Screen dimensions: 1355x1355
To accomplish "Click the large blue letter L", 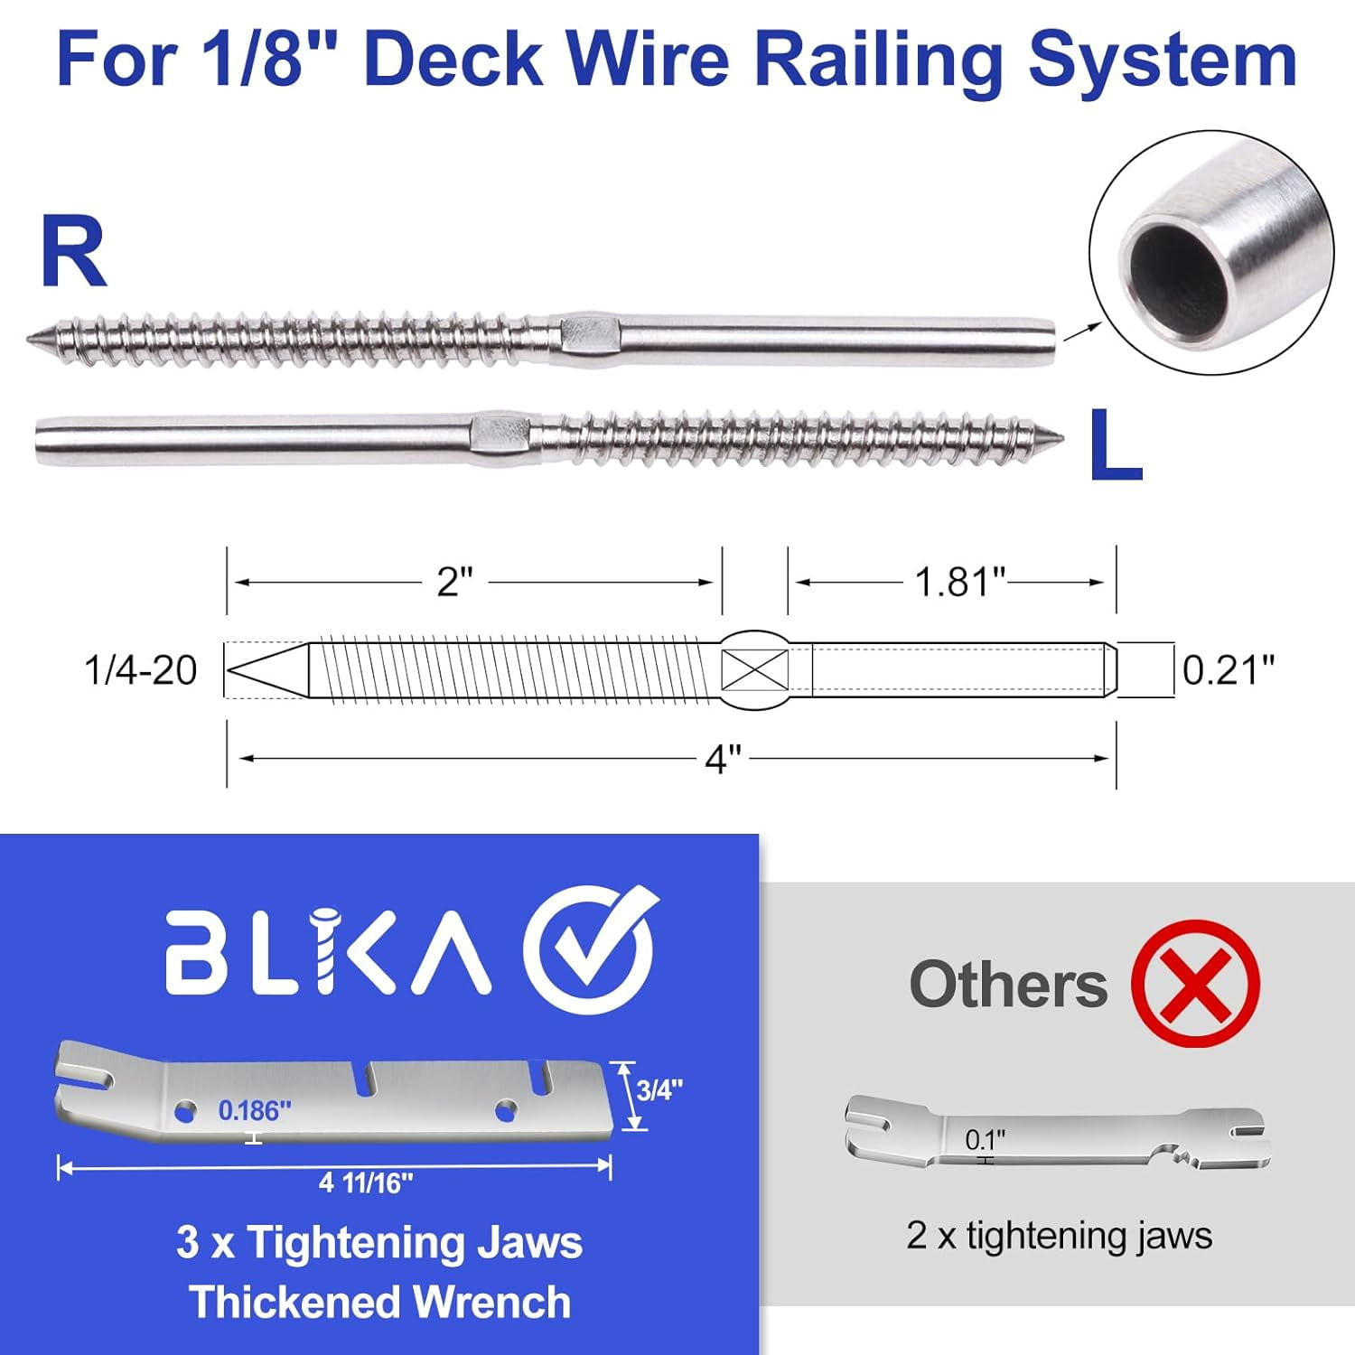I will (1115, 445).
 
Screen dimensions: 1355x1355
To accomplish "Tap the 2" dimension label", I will (454, 583).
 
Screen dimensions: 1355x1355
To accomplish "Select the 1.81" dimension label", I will (959, 583).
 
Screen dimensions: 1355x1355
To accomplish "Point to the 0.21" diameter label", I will (1229, 670).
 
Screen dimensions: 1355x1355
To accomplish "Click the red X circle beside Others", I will (1195, 983).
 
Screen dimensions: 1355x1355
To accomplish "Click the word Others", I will (1008, 984).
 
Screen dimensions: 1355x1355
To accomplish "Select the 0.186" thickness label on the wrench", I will (255, 1110).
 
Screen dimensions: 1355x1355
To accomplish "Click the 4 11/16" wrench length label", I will (366, 1182).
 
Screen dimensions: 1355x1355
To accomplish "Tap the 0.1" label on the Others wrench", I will (985, 1140).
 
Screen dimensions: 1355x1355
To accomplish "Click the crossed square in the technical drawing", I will (754, 670).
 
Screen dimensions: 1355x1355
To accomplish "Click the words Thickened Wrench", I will (380, 1303).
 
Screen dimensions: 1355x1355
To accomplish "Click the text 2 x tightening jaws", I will (1059, 1236).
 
